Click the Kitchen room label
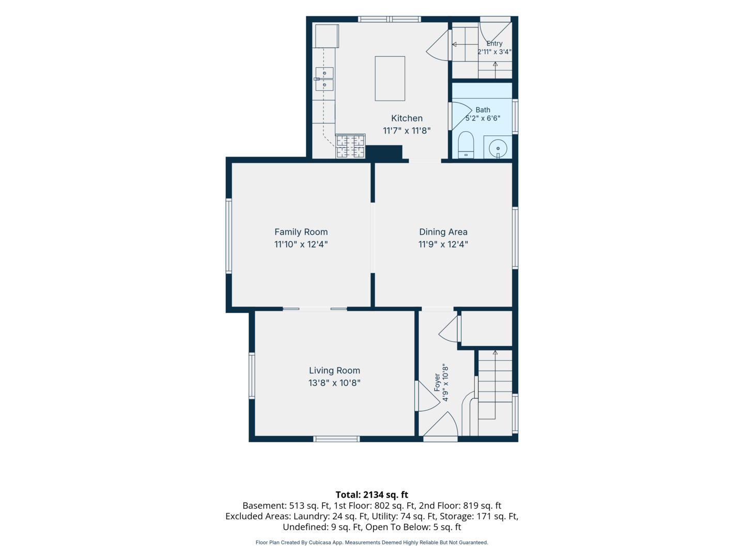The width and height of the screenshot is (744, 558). point(407,118)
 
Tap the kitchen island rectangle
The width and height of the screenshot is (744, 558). point(390,79)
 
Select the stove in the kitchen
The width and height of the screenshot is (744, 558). point(350,146)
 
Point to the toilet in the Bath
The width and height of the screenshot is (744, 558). point(466,145)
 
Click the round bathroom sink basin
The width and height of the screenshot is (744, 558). point(498,148)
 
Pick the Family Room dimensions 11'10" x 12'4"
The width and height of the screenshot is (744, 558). point(301,244)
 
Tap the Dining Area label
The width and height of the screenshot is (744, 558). point(443,232)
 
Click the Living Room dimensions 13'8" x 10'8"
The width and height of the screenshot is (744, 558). point(334,383)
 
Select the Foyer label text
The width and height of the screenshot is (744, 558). point(437,382)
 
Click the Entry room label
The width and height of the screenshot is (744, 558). point(494,43)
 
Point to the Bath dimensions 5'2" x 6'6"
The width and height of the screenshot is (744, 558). point(483,118)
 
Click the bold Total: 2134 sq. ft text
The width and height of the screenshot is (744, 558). point(372,495)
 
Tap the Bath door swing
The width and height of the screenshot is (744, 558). point(461,115)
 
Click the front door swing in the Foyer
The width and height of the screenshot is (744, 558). point(441,426)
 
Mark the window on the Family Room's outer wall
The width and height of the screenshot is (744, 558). point(229,236)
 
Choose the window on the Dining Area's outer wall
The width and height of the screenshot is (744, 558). point(515,238)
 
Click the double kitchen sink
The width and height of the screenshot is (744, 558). point(324,79)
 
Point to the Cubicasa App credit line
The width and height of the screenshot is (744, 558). point(372,542)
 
